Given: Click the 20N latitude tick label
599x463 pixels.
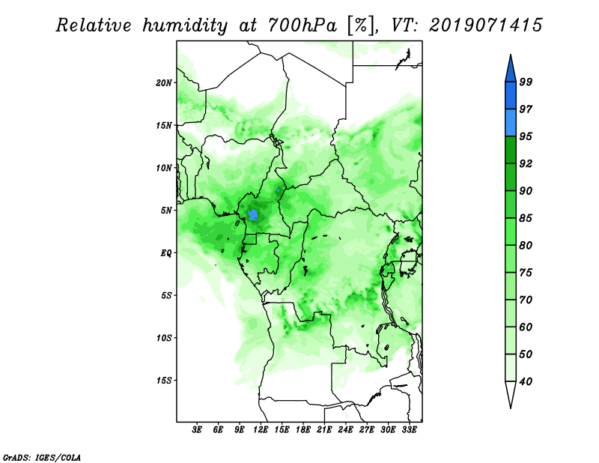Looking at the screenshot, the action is (164, 82).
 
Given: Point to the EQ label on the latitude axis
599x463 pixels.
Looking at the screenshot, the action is (166, 252).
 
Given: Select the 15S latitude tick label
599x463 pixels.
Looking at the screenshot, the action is (164, 381).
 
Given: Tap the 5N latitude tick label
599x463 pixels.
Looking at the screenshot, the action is (166, 211).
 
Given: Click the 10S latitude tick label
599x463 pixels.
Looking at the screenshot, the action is (164, 338).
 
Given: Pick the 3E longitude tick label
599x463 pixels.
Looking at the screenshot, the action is (197, 430).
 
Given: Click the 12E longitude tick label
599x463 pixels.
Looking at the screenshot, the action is (260, 430).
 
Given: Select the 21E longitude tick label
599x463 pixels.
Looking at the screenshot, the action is (324, 430).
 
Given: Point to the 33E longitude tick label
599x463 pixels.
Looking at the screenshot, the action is (409, 430).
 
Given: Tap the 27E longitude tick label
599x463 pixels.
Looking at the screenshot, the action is (366, 430).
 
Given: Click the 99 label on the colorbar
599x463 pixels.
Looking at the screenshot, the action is (526, 82).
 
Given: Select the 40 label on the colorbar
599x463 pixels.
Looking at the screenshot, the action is (526, 381).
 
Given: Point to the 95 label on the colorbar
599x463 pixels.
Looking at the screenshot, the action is (526, 136).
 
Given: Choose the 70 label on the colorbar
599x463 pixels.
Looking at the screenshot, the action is (526, 300).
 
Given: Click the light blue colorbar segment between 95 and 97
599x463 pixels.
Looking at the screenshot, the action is (511, 123).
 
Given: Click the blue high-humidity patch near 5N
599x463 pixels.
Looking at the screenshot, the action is (253, 215).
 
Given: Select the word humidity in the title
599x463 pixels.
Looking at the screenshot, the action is (185, 25).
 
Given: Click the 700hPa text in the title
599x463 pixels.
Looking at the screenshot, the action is (303, 25).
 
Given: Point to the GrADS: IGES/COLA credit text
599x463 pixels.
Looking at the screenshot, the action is (42, 457).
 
